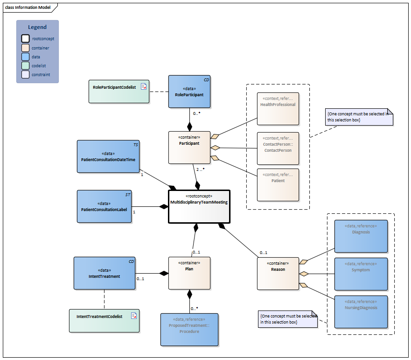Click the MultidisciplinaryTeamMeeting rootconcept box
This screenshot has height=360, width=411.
tap(199, 206)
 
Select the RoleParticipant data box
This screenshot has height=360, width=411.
tap(189, 92)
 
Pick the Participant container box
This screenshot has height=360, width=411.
tap(189, 147)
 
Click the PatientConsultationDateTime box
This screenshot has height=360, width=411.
tap(108, 157)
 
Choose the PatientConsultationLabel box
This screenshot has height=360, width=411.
tap(104, 206)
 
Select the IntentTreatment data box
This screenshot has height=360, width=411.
tap(104, 273)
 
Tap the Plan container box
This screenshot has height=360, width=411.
tap(189, 273)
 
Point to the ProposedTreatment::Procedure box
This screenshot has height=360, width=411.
tap(189, 329)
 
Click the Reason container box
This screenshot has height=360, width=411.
tap(278, 273)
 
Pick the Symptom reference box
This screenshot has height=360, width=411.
tap(361, 274)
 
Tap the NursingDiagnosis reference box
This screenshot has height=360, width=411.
tap(361, 311)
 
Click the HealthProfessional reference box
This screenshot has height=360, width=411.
tap(278, 109)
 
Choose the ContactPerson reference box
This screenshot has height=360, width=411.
tap(278, 148)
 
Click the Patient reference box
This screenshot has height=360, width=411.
tap(278, 184)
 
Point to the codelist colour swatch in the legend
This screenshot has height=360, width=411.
tap(26, 66)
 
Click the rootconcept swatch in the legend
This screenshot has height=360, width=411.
tap(26, 39)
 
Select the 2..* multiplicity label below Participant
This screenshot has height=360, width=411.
tap(201, 169)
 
